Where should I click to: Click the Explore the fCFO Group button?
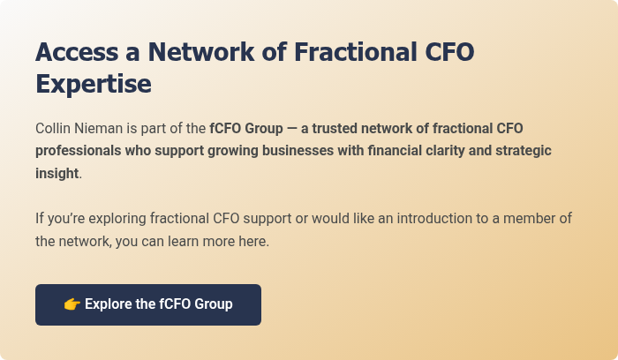click(x=148, y=304)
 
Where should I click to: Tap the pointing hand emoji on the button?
click(x=72, y=304)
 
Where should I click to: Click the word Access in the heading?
click(x=78, y=51)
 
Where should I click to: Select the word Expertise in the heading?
click(x=94, y=84)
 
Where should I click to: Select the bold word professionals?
click(x=78, y=150)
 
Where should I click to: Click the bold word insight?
click(x=57, y=173)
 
